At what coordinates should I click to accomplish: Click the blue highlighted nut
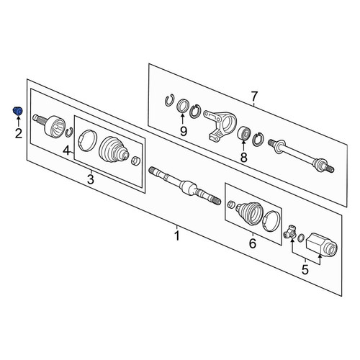[17, 111]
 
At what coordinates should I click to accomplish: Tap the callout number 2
[19, 133]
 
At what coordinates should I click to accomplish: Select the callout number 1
[177, 235]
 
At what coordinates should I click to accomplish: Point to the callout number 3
[91, 179]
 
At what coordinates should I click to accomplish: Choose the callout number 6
[254, 96]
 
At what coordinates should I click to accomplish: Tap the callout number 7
[243, 158]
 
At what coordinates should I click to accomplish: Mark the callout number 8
[184, 131]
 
